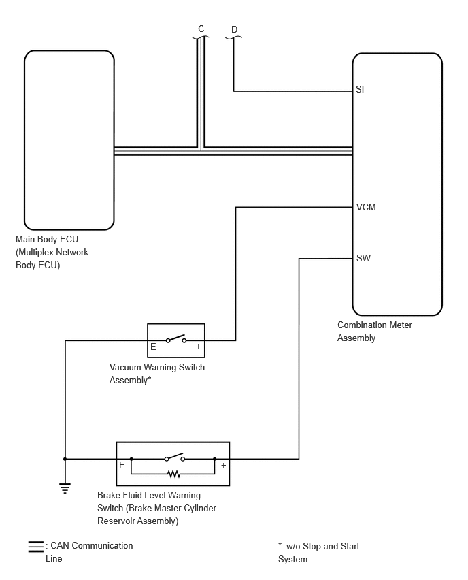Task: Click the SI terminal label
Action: click(360, 89)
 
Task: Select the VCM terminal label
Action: click(366, 207)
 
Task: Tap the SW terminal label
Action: click(363, 258)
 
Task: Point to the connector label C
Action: click(201, 29)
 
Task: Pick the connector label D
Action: click(235, 29)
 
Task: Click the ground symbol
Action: click(65, 488)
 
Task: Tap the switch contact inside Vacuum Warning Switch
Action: click(176, 339)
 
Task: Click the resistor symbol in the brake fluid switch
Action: click(173, 474)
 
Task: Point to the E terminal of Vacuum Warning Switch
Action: click(153, 347)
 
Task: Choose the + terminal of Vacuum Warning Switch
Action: click(199, 347)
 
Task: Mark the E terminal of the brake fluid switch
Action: click(122, 466)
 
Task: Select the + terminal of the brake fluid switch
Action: click(224, 466)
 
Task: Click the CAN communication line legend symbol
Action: click(36, 547)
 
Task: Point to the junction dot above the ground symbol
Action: click(65, 459)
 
